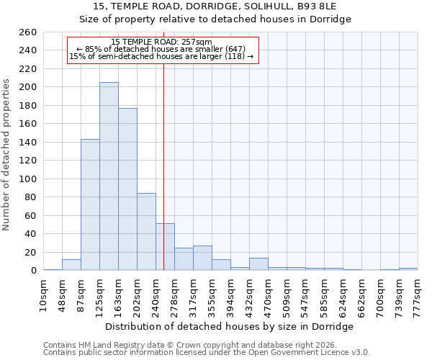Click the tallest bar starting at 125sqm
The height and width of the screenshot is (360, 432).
tap(109, 176)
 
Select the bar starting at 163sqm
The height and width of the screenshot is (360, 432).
tap(127, 189)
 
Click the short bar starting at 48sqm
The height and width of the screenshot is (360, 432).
tap(71, 265)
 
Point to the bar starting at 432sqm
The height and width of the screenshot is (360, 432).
tap(258, 264)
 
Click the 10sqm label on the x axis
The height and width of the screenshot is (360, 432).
tap(43, 293)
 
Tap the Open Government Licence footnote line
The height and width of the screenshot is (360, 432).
tap(207, 352)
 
